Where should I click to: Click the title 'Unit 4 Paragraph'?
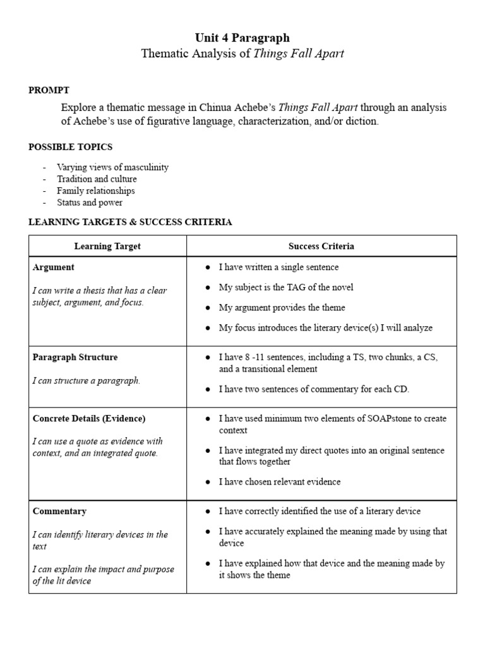coord(242,38)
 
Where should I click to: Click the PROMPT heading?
coord(49,90)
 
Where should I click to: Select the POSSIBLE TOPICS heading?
coord(70,147)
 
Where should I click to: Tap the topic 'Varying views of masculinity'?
coord(112,168)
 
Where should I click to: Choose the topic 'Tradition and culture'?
coord(97,179)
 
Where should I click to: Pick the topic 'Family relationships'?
coord(95,191)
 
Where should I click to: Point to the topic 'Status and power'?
coord(90,203)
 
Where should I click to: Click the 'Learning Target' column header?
coord(107,246)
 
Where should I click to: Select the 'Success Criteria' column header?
coord(321,246)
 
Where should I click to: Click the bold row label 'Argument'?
coord(53,267)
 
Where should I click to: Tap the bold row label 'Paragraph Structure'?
coord(75,357)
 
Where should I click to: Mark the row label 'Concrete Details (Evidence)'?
coord(88,418)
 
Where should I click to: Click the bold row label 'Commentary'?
coord(59,511)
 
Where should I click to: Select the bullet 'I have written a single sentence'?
coord(278,267)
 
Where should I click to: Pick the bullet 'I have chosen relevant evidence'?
coord(279,482)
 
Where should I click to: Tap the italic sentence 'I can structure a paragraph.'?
coord(87,380)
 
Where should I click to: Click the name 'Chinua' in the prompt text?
coord(217,107)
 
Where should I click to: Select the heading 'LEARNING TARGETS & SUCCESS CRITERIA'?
coord(130,222)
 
